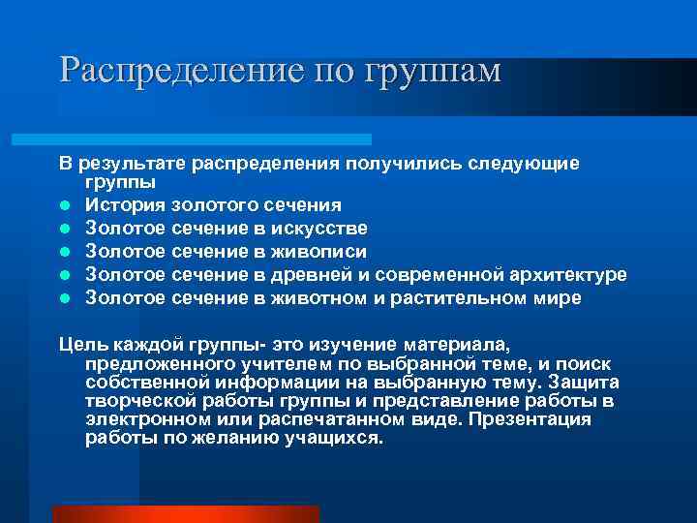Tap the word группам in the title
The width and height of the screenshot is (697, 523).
[x=433, y=72]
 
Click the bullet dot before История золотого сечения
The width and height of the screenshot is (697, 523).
[x=63, y=205]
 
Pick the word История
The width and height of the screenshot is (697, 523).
[x=125, y=204]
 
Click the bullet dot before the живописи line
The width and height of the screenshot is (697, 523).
[x=63, y=252]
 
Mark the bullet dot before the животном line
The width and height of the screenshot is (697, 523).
[x=63, y=298]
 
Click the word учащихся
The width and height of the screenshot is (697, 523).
[x=335, y=437]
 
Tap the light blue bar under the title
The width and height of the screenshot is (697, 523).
[x=213, y=139]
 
